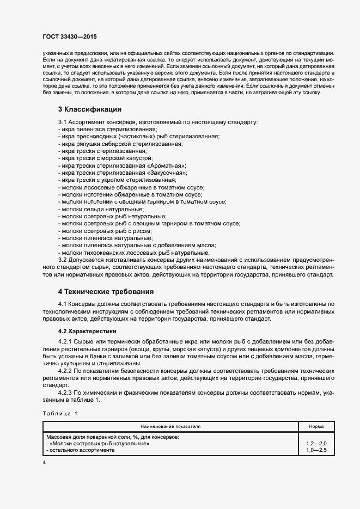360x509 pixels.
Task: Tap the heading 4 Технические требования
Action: (106, 291)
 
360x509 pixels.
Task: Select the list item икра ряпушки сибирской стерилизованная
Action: (121, 144)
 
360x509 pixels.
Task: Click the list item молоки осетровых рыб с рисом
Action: (107, 231)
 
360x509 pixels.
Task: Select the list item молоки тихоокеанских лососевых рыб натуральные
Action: (135, 253)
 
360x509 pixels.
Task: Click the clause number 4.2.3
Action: (67, 392)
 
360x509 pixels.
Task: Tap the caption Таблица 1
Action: (60, 414)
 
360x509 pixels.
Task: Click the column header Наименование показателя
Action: (170, 426)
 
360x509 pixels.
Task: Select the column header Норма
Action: (316, 426)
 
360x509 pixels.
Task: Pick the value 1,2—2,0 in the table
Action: (316, 444)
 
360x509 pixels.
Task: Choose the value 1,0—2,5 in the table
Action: (316, 451)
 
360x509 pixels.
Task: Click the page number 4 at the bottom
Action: (44, 462)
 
